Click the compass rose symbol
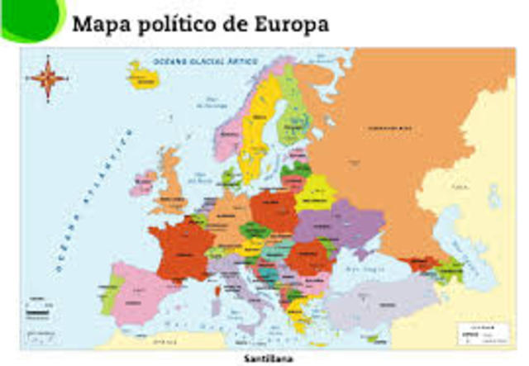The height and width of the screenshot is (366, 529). coord(47,78)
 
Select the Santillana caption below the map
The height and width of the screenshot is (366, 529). coord(267,359)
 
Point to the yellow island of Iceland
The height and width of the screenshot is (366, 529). coord(143,76)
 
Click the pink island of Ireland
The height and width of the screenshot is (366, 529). coord(144,181)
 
